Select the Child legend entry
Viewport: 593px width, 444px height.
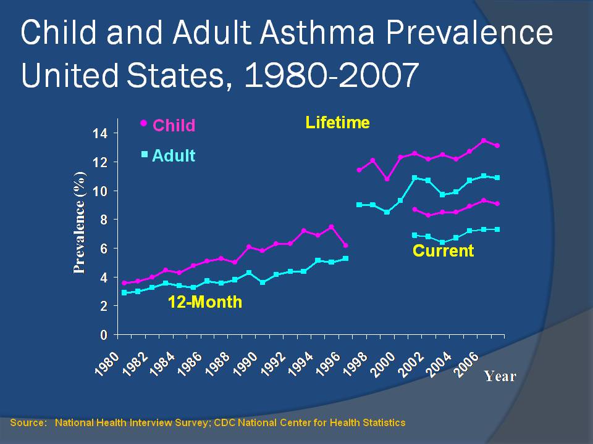174,126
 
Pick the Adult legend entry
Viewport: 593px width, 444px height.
173,156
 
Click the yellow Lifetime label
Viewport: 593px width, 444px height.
338,123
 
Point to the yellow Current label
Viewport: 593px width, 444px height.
443,251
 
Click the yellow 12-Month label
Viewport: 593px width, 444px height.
206,303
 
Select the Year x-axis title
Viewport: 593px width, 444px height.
499,376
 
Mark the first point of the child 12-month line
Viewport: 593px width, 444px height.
124,283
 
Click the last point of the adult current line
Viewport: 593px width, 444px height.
497,229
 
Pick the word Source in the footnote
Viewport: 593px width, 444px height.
28,422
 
